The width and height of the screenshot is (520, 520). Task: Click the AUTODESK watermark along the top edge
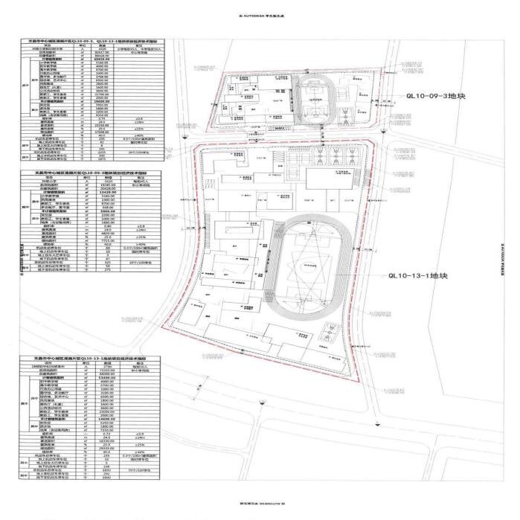[260, 14]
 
